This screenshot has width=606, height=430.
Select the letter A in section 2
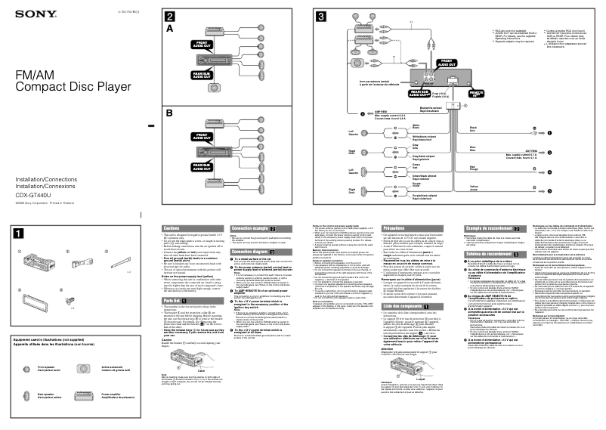pyautogui.click(x=170, y=29)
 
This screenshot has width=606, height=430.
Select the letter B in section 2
pyautogui.click(x=170, y=113)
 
